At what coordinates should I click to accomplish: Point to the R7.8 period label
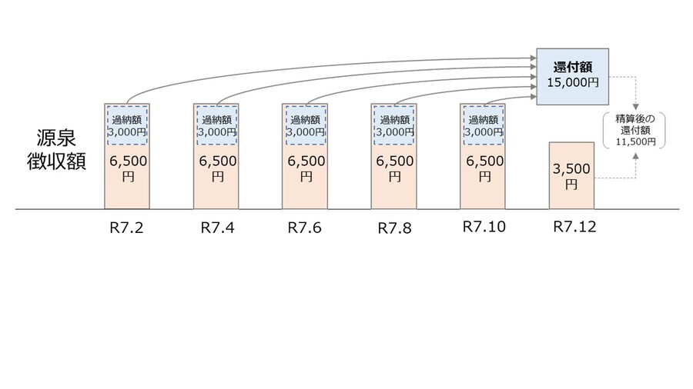click(394, 228)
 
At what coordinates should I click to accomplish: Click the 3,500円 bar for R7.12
click(571, 175)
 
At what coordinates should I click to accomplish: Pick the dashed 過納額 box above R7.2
click(128, 125)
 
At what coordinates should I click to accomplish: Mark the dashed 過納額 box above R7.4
click(216, 125)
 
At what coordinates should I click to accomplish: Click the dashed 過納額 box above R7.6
click(306, 125)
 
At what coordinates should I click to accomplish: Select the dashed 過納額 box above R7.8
click(394, 125)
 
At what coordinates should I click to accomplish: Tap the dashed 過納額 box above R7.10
click(484, 125)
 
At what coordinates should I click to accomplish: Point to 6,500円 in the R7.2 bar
click(128, 168)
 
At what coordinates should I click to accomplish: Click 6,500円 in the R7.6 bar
click(306, 168)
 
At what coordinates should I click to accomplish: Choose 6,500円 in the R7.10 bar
click(484, 168)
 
